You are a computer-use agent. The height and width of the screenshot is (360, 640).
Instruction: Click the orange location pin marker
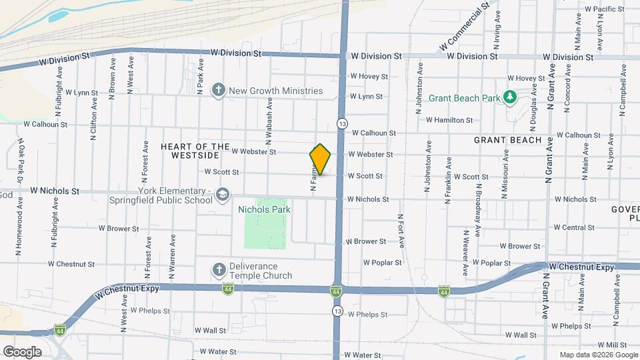[x=321, y=159]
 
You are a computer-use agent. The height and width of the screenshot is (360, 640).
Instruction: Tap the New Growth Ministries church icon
[x=218, y=91]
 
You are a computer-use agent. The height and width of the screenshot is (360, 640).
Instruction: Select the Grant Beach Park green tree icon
[x=510, y=98]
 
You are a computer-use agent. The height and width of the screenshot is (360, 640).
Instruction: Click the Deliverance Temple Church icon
[x=218, y=270]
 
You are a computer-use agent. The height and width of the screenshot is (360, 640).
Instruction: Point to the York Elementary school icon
[x=223, y=195]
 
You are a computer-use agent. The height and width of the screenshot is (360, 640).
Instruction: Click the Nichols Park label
[x=265, y=209]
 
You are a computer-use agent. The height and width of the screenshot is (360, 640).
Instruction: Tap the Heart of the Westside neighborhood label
[x=190, y=151]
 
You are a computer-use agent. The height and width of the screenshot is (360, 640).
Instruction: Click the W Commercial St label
[x=465, y=28]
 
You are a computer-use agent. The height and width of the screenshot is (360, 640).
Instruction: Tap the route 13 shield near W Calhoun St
[x=342, y=124]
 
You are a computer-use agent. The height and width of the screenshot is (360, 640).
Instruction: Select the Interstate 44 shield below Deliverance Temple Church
[x=228, y=289]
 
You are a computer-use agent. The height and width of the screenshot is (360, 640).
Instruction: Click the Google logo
[x=22, y=351]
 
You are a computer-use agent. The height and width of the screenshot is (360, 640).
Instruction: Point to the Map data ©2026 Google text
[x=598, y=355]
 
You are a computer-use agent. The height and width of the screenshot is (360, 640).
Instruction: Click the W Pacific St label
[x=603, y=9]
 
